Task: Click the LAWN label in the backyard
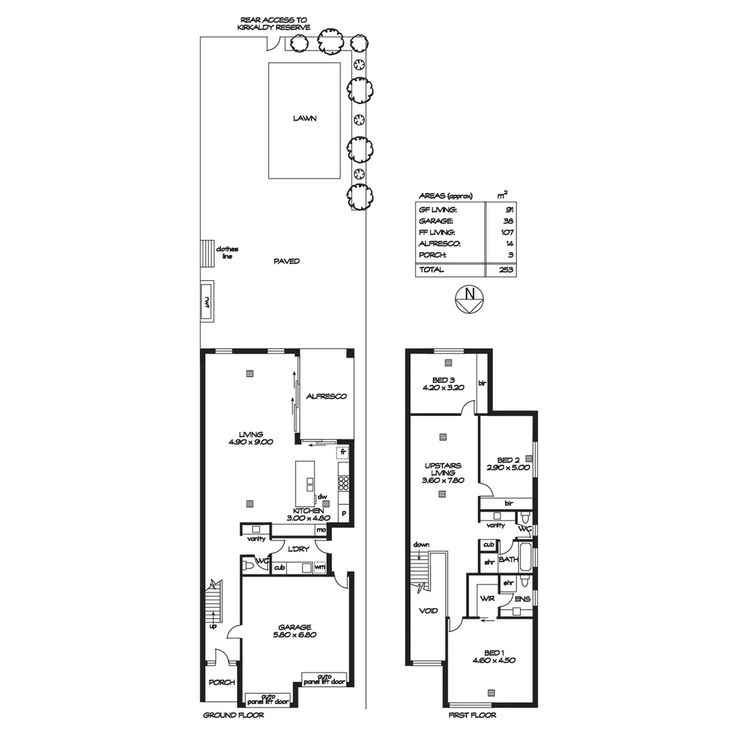click(x=305, y=118)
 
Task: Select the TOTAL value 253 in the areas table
click(x=506, y=270)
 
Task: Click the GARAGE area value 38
click(x=508, y=221)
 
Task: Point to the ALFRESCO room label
click(x=326, y=396)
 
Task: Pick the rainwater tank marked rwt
click(x=206, y=302)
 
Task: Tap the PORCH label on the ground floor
click(x=221, y=682)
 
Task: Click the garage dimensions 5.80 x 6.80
click(x=294, y=634)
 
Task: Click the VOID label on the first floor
click(x=429, y=611)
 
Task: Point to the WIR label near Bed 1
click(x=487, y=598)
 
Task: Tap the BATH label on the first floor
click(x=508, y=559)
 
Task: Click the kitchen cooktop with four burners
click(x=343, y=483)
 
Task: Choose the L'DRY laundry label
click(x=296, y=549)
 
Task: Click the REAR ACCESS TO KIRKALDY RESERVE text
click(x=275, y=24)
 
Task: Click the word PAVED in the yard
click(x=286, y=261)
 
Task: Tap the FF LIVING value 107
click(x=506, y=232)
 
